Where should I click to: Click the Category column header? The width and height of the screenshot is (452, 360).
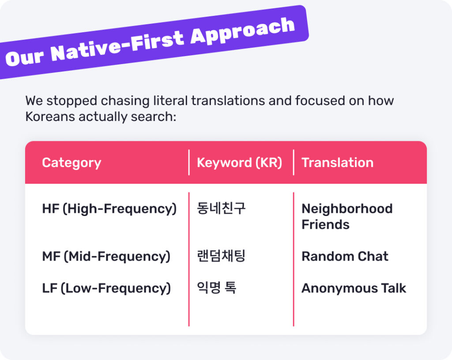point(72,163)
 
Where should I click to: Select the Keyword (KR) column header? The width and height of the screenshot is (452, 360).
point(239,163)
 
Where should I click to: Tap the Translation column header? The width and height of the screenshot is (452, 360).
point(337,163)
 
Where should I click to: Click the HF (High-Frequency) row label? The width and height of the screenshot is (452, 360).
point(109,209)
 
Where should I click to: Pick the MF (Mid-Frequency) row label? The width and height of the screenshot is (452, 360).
point(106,257)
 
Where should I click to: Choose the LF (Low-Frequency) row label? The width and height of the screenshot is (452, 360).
point(106,288)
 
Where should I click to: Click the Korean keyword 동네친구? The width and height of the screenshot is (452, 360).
point(221,208)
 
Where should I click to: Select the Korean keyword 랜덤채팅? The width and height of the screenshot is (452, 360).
point(221,256)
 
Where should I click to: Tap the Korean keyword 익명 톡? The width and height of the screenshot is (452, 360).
point(216,288)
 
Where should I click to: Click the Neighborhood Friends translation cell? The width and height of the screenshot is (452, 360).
point(347,216)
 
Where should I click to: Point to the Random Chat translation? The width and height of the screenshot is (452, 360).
point(345,256)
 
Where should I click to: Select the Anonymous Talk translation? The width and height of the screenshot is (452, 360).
point(354,288)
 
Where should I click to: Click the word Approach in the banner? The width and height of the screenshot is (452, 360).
point(243,31)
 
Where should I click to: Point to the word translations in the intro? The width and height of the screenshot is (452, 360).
point(228,101)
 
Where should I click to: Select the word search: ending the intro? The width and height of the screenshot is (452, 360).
point(153,117)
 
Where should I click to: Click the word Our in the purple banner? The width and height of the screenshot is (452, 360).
point(25,58)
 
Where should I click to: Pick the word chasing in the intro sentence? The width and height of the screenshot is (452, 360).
point(125,101)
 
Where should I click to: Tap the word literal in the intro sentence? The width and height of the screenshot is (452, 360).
point(170,101)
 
